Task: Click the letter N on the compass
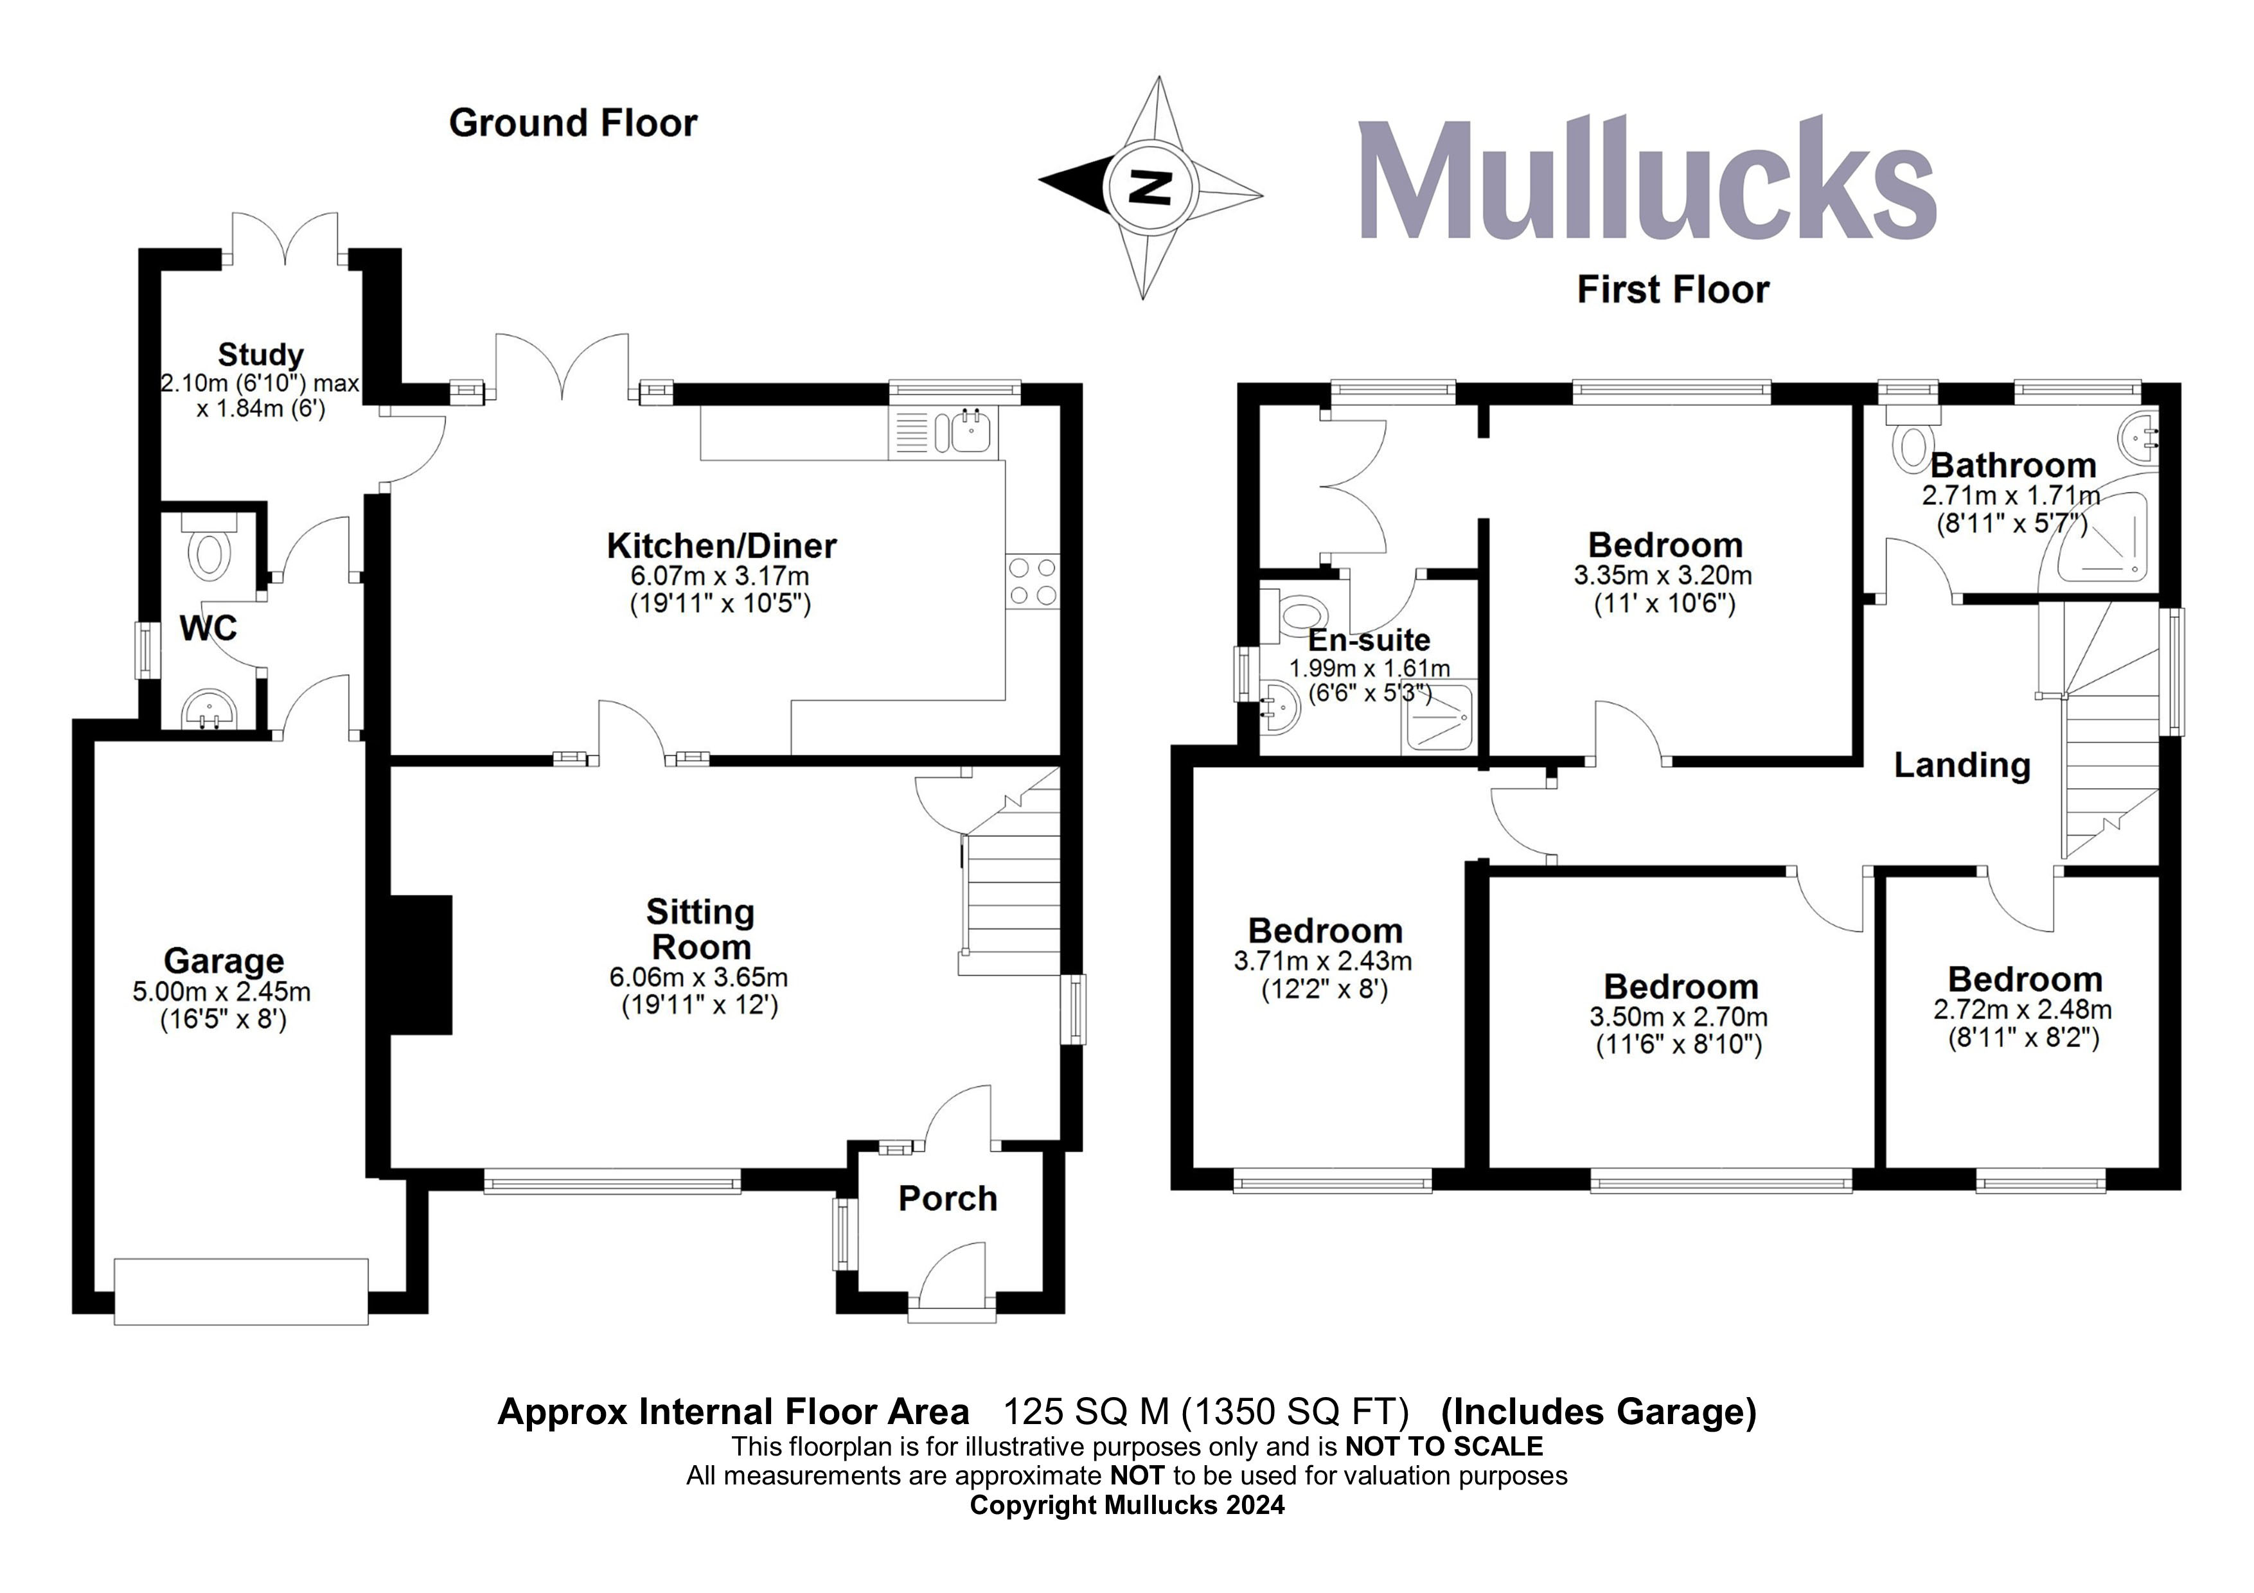[x=1151, y=186]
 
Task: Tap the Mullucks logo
[x=1648, y=180]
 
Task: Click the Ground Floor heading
[x=573, y=124]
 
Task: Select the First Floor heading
[x=1673, y=290]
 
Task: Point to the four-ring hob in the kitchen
[x=1033, y=581]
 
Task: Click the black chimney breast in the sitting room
[x=421, y=964]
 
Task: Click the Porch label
[x=947, y=1199]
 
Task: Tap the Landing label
[x=1962, y=766]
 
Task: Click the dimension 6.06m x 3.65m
[x=699, y=978]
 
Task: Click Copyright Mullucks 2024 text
[x=1127, y=1504]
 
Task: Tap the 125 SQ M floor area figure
[x=1086, y=1411]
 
